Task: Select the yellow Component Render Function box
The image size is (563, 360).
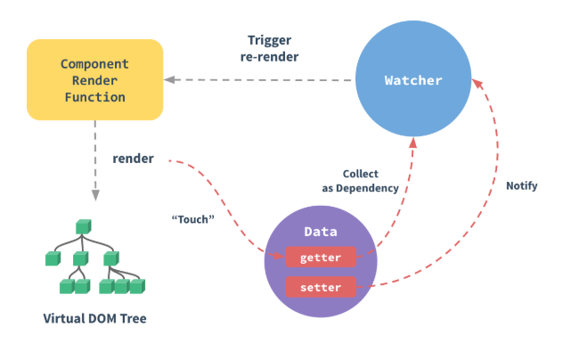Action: pos(95,79)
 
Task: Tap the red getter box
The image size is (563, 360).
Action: pos(321,258)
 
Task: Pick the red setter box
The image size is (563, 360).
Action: pos(321,287)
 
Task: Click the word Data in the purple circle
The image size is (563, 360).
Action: pos(320,232)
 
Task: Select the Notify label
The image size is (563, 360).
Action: pos(521,186)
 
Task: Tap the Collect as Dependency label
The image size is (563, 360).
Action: pos(360,180)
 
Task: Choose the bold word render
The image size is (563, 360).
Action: pos(133,159)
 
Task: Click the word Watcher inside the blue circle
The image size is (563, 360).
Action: pos(412,81)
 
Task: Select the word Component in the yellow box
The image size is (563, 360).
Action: pos(95,64)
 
